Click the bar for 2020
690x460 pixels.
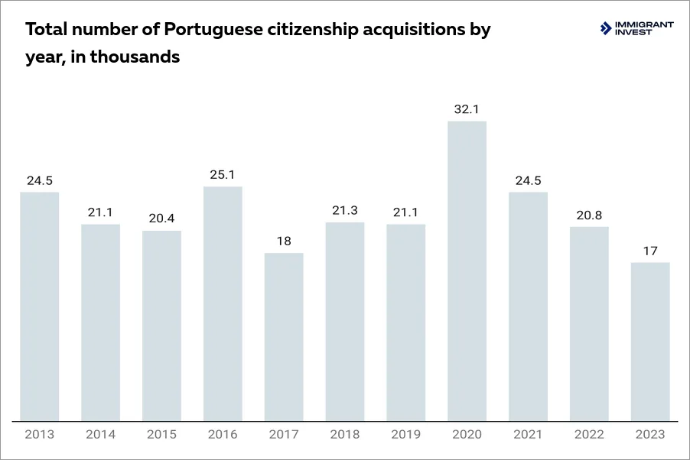tap(467, 270)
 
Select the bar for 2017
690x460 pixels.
tap(284, 336)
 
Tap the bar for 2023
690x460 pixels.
tap(650, 341)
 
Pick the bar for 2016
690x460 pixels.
tap(223, 303)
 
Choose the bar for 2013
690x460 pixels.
tap(40, 306)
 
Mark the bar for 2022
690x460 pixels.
tap(589, 323)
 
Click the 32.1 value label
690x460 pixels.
tap(467, 109)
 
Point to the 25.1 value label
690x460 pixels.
tap(223, 175)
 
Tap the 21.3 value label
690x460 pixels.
tap(345, 211)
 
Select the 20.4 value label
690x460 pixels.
tap(161, 219)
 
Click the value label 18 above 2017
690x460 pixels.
tap(284, 241)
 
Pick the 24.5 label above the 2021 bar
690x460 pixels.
tap(528, 180)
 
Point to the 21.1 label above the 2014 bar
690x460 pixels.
tap(101, 212)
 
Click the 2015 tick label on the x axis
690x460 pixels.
tap(161, 435)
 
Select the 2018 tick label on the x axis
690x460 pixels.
tap(345, 435)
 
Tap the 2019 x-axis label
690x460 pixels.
tap(406, 435)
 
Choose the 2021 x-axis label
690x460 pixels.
tap(528, 435)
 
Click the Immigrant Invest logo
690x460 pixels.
tap(637, 28)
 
